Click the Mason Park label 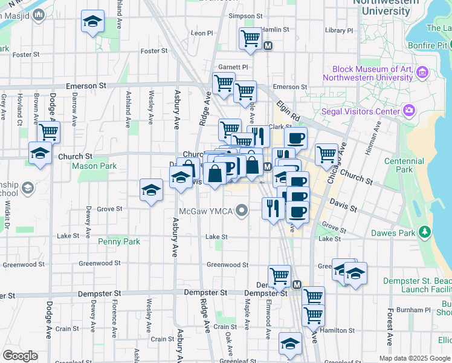tap(94, 166)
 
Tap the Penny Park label tap(119, 241)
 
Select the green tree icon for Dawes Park tap(425, 232)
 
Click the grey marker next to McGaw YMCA tap(242, 211)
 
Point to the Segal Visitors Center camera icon tap(409, 111)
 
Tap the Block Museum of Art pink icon tap(422, 73)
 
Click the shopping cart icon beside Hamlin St tap(250, 38)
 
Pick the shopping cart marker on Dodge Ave tap(48, 132)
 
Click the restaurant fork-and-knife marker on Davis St tap(273, 208)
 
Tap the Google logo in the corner tap(20, 356)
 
